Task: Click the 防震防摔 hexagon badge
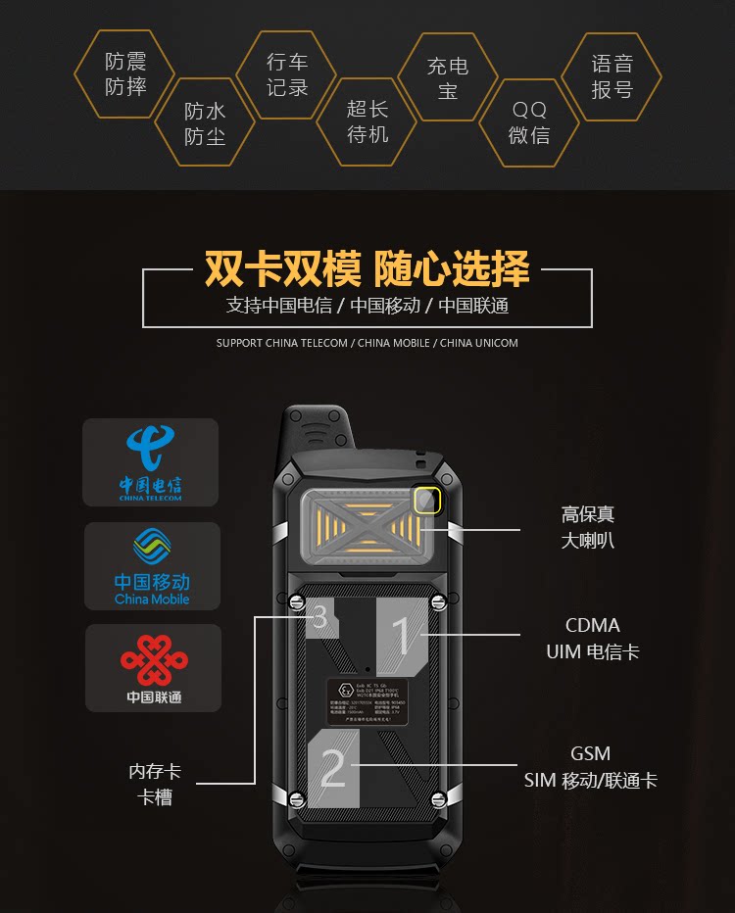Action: click(125, 74)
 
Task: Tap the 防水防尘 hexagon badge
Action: click(205, 124)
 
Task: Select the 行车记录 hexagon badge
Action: click(287, 74)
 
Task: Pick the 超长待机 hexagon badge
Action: click(367, 121)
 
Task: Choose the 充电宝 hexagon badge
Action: click(448, 78)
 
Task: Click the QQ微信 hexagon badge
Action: click(529, 123)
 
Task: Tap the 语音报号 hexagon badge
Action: click(612, 76)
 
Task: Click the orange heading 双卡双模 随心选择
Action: click(367, 267)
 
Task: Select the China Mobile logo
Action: click(152, 565)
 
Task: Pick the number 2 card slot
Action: click(333, 769)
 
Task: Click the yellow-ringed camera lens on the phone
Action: click(425, 502)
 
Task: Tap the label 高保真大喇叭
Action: click(588, 527)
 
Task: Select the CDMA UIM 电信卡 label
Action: click(593, 638)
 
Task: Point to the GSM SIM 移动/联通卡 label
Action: click(590, 767)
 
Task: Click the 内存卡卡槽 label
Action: click(155, 785)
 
